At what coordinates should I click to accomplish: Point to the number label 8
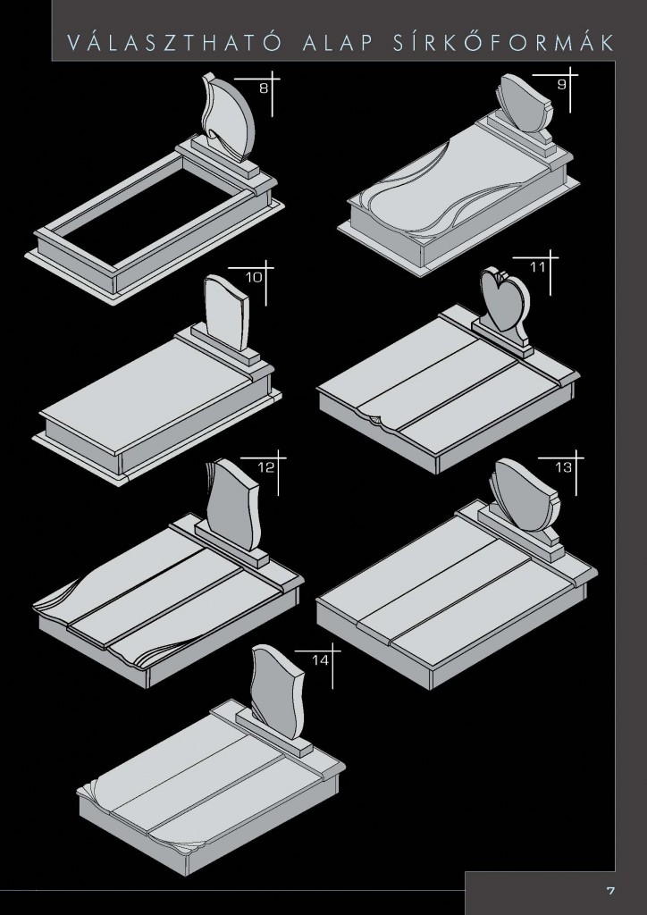click(264, 88)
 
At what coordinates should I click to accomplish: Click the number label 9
click(561, 85)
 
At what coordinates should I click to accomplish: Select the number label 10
click(254, 278)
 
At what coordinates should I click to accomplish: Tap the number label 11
click(538, 267)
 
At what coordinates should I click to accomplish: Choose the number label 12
click(266, 467)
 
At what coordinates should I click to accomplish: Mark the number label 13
click(564, 467)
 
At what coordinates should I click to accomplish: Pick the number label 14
click(320, 660)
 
